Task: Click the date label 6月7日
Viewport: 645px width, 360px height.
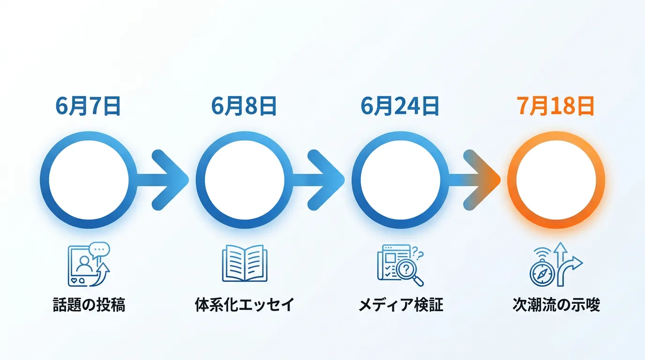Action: [88, 106]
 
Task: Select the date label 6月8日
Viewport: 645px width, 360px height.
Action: [244, 106]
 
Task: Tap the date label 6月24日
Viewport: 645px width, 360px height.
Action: [400, 106]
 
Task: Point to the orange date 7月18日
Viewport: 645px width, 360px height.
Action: [556, 106]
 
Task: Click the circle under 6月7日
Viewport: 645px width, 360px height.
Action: [45, 180]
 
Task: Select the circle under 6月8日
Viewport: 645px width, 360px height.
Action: [201, 180]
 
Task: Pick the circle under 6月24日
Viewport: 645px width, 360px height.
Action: [356, 180]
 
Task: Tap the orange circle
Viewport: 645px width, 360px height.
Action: [512, 180]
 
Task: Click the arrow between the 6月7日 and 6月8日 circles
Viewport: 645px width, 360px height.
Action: [163, 180]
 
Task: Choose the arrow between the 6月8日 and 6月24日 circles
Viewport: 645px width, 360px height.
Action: [319, 180]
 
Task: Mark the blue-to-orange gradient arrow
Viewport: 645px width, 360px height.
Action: [474, 180]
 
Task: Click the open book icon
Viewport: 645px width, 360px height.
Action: [245, 263]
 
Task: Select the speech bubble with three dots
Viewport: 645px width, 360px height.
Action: [99, 250]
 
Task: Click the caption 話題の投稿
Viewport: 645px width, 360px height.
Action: [89, 304]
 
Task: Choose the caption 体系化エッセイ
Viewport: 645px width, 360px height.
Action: [245, 304]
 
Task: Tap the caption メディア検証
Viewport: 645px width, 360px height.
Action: [400, 304]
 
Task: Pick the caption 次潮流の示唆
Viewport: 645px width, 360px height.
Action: [556, 304]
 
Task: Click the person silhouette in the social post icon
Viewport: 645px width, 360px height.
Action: [84, 264]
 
